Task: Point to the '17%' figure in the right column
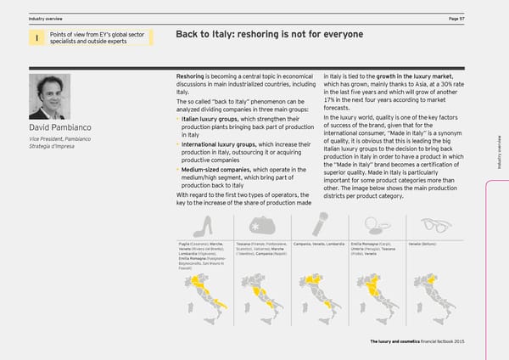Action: tap(331, 100)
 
